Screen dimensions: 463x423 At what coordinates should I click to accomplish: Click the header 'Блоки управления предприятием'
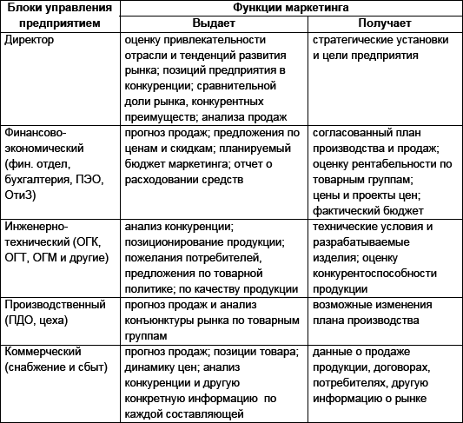(57, 16)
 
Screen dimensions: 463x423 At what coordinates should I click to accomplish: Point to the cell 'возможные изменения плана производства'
(374, 313)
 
